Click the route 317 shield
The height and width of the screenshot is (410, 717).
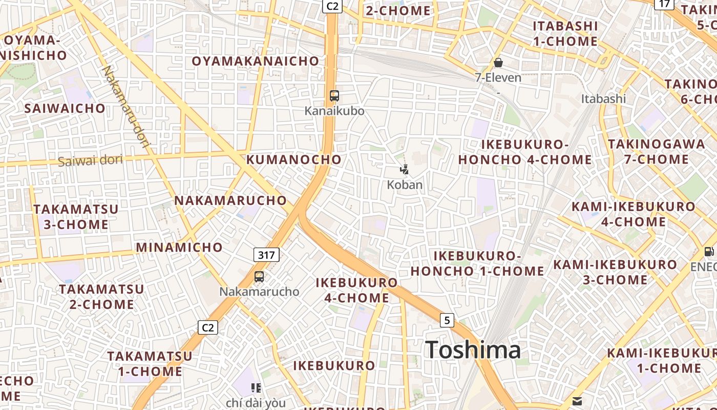pyautogui.click(x=266, y=255)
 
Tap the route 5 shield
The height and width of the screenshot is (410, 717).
pyautogui.click(x=447, y=320)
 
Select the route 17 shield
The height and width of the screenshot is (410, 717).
pyautogui.click(x=664, y=4)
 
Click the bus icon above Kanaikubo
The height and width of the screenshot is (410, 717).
pyautogui.click(x=334, y=95)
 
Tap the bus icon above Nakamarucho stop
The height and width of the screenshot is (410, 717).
pyautogui.click(x=259, y=277)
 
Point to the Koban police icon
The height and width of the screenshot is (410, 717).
pyautogui.click(x=404, y=169)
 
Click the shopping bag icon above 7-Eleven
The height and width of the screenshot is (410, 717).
pyautogui.click(x=498, y=63)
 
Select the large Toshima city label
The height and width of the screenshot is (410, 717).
pyautogui.click(x=473, y=350)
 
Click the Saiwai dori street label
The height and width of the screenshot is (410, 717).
pyautogui.click(x=90, y=160)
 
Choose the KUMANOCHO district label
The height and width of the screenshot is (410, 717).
pyautogui.click(x=294, y=159)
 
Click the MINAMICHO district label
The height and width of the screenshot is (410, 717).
pyautogui.click(x=179, y=248)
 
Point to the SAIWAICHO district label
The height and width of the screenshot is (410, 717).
pyautogui.click(x=65, y=108)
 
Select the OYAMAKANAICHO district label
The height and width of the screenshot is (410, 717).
pyautogui.click(x=256, y=61)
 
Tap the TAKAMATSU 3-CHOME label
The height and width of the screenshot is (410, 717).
pyautogui.click(x=76, y=217)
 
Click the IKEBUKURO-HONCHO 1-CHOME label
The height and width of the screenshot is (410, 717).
pyautogui.click(x=477, y=263)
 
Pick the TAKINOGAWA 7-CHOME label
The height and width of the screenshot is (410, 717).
pyautogui.click(x=657, y=152)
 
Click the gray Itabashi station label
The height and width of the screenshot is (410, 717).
pyautogui.click(x=603, y=98)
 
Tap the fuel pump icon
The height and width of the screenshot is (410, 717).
pyautogui.click(x=709, y=252)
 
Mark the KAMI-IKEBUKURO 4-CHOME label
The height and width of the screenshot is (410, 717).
pyautogui.click(x=634, y=214)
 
